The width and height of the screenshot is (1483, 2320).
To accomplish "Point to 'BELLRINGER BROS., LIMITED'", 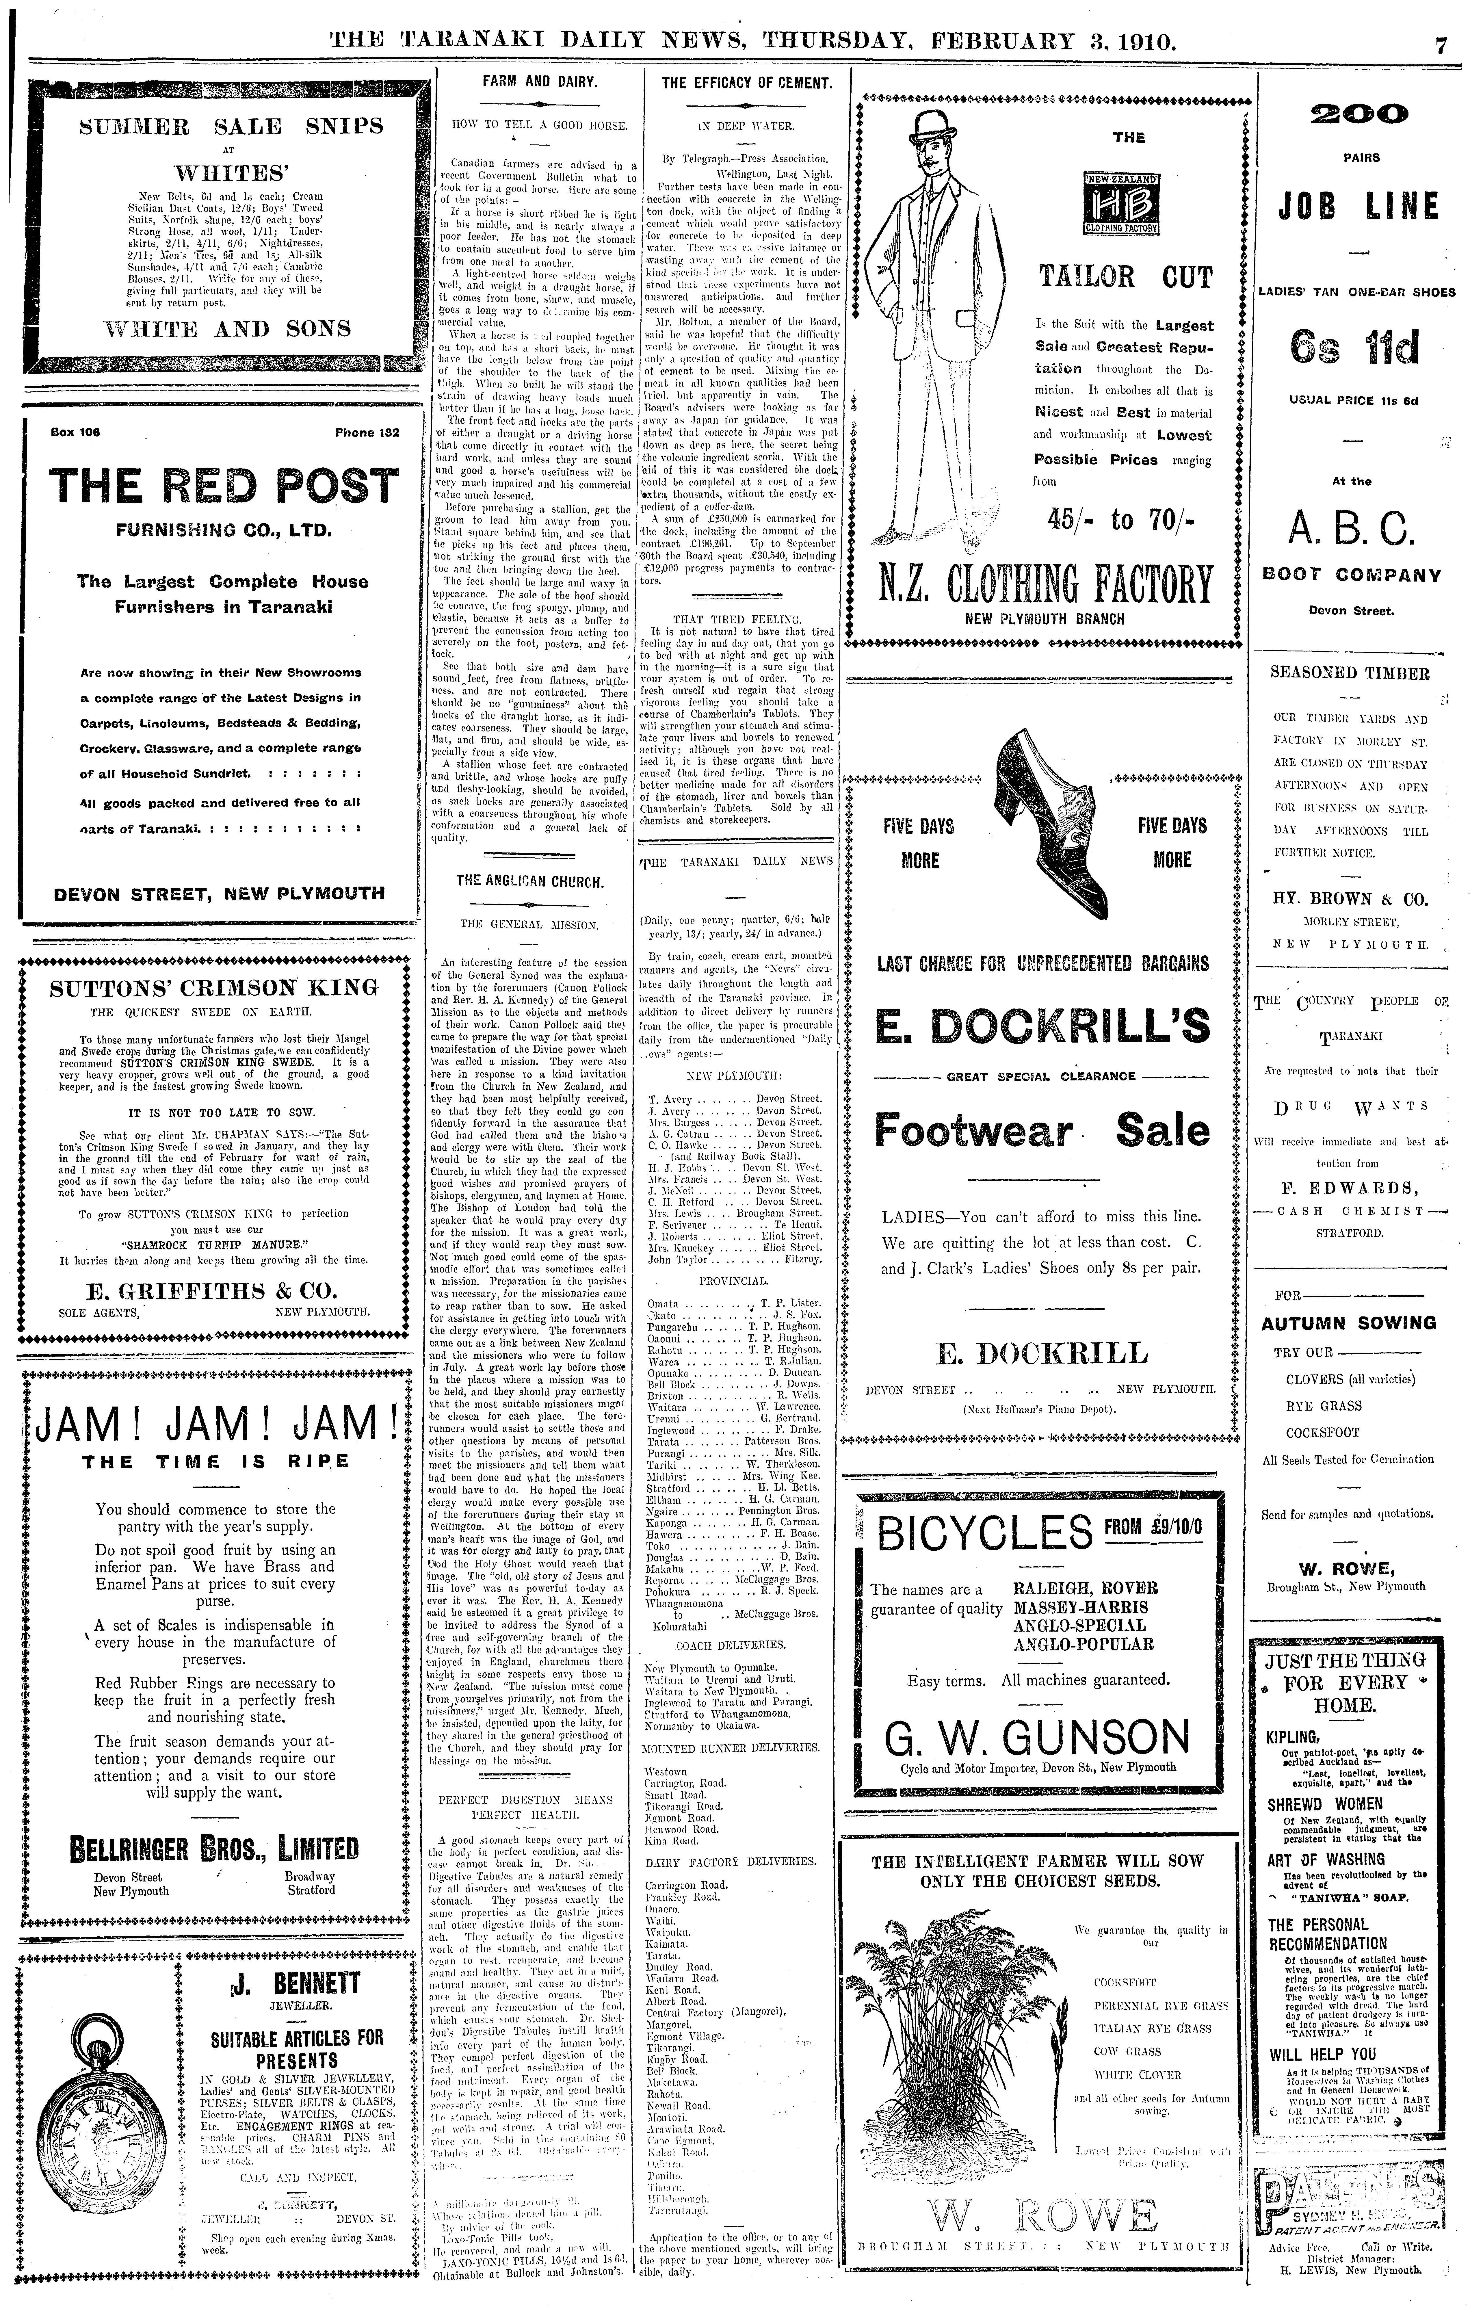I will coord(214,1849).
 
